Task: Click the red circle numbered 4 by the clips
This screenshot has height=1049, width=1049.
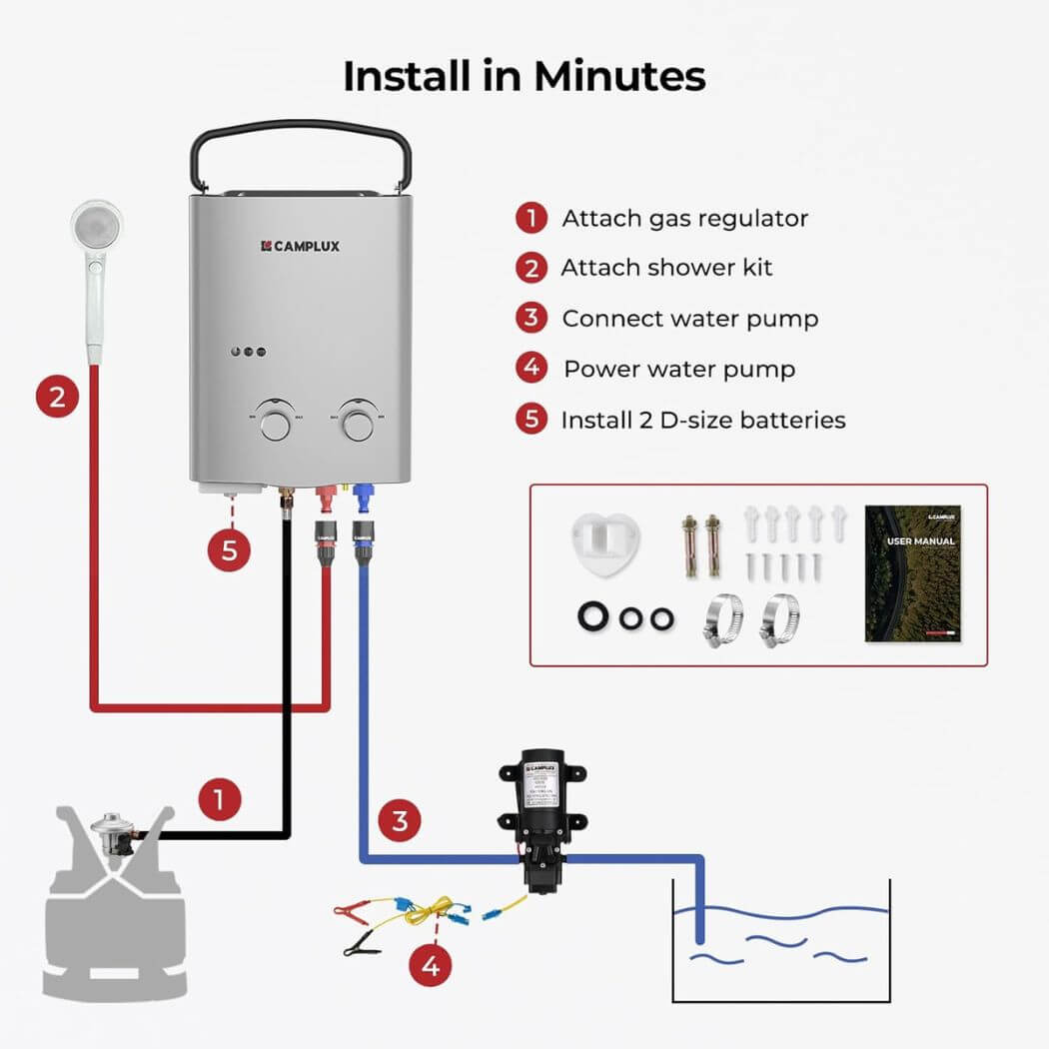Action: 431,965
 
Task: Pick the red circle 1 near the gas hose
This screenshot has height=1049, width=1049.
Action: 220,799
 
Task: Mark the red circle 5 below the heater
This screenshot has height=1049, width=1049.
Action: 230,551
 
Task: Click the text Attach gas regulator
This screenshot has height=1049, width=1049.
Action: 684,218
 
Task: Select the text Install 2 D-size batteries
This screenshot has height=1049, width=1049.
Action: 702,420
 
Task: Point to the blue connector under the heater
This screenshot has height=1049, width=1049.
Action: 362,495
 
